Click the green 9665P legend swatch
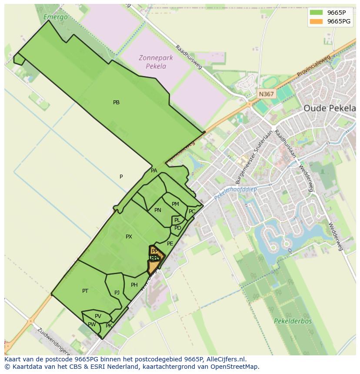tap(316, 13)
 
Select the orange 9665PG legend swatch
tap(316, 21)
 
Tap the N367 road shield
tap(266, 94)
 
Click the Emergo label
tap(56, 17)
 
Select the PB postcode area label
tap(116, 103)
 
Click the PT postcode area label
tap(85, 291)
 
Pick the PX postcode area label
tap(129, 237)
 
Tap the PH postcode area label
tap(134, 285)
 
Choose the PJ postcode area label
tap(117, 293)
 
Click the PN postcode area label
tap(158, 210)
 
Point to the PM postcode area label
tap(175, 204)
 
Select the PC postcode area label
tap(192, 212)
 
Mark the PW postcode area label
tap(92, 324)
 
